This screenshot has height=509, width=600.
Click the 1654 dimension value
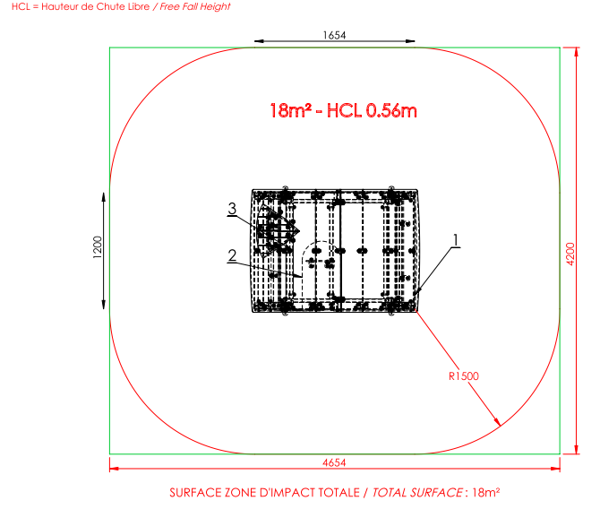point(334,35)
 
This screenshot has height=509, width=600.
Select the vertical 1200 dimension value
point(98,247)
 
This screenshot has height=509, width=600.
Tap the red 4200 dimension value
point(570,254)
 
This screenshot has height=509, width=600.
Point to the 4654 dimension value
point(334,462)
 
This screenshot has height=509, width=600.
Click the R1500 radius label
point(463,376)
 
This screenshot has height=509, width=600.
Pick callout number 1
point(455,240)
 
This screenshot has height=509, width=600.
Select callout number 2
point(232,255)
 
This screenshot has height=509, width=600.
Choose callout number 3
point(232,209)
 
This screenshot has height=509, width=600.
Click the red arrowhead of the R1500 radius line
point(497,422)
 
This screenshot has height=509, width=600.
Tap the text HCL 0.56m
point(372,111)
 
